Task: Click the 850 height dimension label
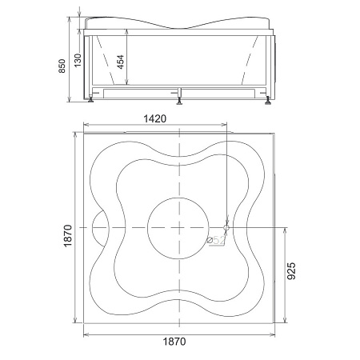[x=62, y=66]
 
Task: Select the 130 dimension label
[x=78, y=60]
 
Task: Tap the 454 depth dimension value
[x=121, y=62]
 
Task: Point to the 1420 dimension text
[x=155, y=118]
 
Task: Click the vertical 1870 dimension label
[x=68, y=236]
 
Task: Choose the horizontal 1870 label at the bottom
[x=174, y=342]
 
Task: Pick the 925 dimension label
[x=292, y=271]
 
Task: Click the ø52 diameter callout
[x=216, y=240]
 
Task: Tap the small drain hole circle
[x=226, y=228]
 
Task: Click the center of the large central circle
[x=178, y=228]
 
